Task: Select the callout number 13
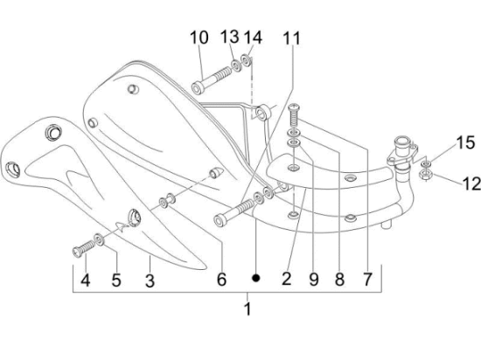229,37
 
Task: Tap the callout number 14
253,37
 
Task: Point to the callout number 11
291,38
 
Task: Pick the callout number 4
85,280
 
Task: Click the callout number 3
149,280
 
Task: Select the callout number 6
221,280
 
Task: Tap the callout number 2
286,280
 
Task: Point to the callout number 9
313,280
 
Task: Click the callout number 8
339,280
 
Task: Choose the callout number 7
367,280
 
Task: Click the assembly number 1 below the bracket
247,308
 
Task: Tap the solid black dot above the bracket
256,278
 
